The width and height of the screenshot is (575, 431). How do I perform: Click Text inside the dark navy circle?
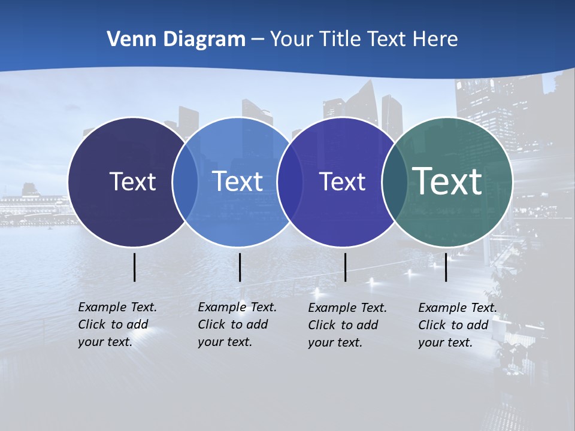[x=132, y=181]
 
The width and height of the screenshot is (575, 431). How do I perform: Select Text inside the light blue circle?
[x=238, y=181]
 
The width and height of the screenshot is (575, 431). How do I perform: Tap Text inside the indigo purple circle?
[x=342, y=181]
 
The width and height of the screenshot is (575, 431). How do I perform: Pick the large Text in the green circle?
[x=447, y=181]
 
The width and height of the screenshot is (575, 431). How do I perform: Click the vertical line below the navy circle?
[x=134, y=267]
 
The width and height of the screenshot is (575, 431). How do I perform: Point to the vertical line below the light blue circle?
[x=240, y=267]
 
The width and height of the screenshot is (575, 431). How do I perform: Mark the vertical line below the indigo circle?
[x=345, y=267]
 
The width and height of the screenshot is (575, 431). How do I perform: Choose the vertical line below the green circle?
[x=446, y=267]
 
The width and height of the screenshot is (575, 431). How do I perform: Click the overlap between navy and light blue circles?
[x=185, y=182]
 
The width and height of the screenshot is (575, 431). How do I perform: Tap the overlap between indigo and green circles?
[x=394, y=182]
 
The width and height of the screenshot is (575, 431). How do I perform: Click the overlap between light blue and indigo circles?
[x=290, y=182]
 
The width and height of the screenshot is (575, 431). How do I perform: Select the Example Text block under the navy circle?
[x=117, y=324]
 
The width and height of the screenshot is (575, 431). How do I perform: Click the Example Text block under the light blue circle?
[x=237, y=324]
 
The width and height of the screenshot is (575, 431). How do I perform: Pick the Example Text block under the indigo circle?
[x=347, y=325]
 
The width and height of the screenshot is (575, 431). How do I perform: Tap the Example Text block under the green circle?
[x=458, y=325]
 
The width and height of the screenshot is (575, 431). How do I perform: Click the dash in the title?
[x=258, y=40]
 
